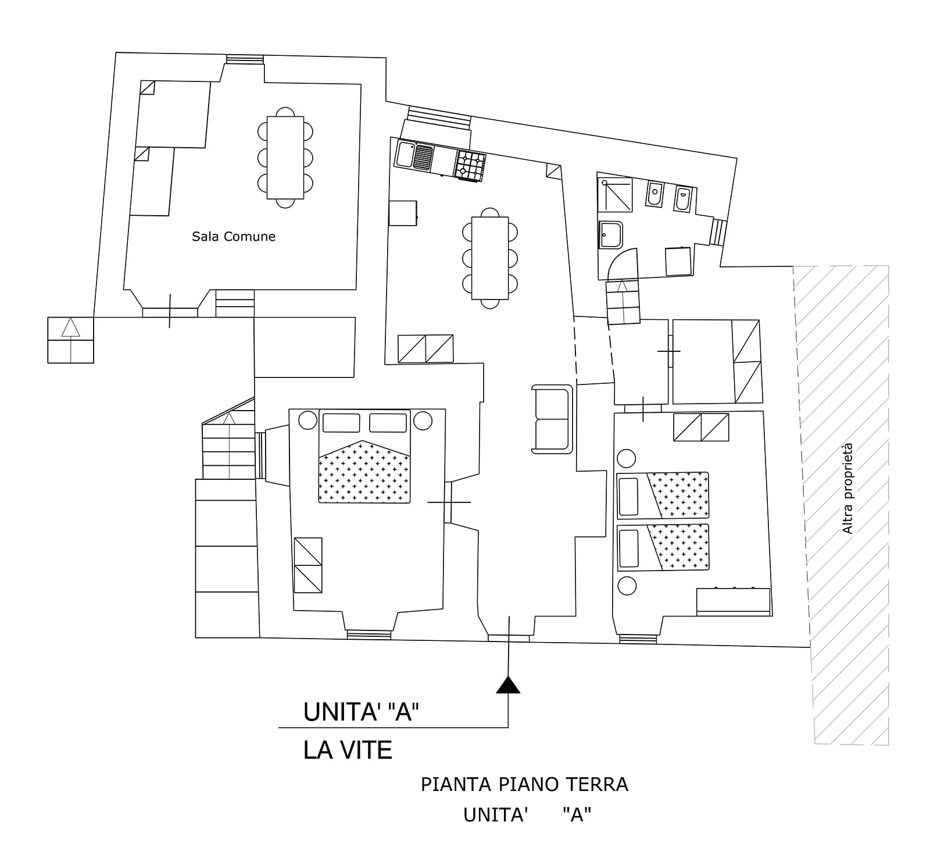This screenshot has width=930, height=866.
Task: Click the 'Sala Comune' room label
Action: [x=234, y=237]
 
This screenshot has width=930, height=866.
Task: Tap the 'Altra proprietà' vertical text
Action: [x=848, y=489]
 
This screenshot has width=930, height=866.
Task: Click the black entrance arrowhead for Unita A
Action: [x=508, y=685]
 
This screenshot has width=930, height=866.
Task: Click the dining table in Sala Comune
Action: [x=285, y=158]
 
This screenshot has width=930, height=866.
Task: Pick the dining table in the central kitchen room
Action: [x=490, y=258]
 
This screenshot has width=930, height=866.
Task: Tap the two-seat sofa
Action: [x=552, y=419]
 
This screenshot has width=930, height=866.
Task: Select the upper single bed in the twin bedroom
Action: [x=663, y=495]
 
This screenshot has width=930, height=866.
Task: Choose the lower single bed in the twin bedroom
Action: [x=663, y=547]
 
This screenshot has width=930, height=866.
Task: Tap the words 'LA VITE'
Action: [x=348, y=750]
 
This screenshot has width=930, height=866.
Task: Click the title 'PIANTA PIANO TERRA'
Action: [x=524, y=785]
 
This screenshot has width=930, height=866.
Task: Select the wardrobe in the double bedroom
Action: [x=308, y=565]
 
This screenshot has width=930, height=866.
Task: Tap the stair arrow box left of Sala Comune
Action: [x=70, y=340]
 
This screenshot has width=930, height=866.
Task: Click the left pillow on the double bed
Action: [x=341, y=423]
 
